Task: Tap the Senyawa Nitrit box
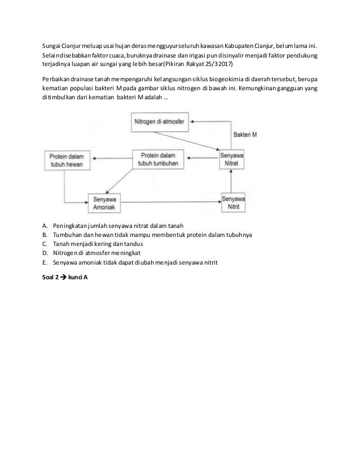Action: click(233, 202)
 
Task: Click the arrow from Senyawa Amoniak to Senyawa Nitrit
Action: click(169, 202)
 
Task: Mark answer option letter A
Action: click(45, 227)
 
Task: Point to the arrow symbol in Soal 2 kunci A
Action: click(64, 276)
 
